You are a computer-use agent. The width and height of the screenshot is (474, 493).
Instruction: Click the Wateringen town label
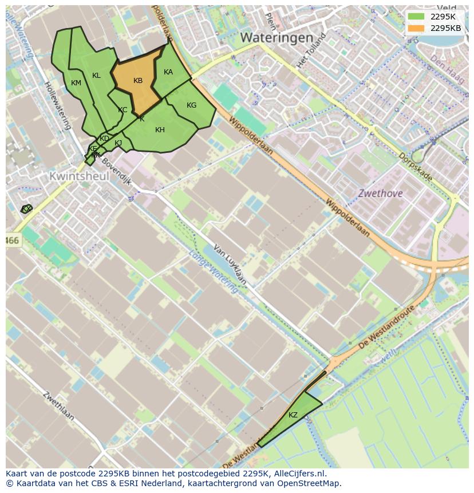(x=276, y=38)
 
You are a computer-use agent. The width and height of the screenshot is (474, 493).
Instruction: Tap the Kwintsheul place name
(x=79, y=176)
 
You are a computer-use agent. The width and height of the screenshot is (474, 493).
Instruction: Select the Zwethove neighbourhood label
(x=380, y=194)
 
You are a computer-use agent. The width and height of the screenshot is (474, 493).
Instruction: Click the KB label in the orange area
(x=138, y=81)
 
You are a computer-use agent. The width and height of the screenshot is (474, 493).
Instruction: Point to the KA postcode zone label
(x=168, y=72)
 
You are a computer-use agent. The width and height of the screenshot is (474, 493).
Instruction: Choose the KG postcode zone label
(x=191, y=105)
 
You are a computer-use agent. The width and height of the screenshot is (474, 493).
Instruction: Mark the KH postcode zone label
(x=160, y=130)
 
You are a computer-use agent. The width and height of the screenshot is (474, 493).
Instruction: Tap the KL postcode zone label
(x=96, y=76)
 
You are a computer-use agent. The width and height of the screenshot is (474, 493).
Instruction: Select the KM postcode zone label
(x=76, y=83)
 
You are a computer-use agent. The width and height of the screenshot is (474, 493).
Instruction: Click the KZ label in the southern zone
(x=293, y=415)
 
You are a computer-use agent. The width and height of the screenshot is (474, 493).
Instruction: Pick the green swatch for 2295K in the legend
(x=416, y=16)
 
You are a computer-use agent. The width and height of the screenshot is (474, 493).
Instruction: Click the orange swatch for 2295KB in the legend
(x=416, y=28)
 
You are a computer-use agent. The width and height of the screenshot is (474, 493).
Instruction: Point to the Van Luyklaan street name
(x=230, y=265)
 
